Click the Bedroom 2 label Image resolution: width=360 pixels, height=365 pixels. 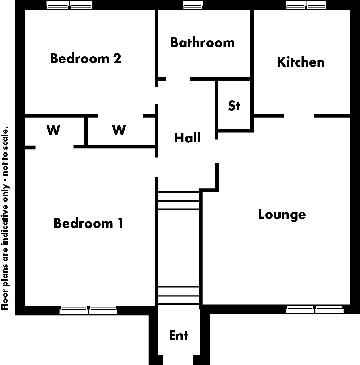tap(85, 58)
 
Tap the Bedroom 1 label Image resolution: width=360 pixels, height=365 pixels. tap(88, 223)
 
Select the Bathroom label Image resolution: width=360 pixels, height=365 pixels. tap(203, 43)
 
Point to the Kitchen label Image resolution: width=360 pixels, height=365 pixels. tap(301, 62)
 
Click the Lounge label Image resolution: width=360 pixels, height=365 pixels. tap(282, 214)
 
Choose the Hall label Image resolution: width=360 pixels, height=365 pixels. tap(188, 138)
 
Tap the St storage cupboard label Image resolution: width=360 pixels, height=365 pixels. tap(234, 106)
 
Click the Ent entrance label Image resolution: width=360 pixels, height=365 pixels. tap(179, 335)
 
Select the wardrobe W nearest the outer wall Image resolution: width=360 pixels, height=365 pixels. tap(54, 130)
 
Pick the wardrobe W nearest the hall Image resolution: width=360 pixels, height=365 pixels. tap(119, 130)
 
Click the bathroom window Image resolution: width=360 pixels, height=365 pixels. tap(193, 5)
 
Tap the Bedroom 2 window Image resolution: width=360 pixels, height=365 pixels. tap(69, 5)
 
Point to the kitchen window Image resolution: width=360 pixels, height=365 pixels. tap(306, 5)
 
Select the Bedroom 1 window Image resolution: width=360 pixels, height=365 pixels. tap(88, 310)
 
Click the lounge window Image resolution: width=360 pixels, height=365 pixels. tap(315, 310)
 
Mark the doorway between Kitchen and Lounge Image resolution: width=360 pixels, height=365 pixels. tap(299, 116)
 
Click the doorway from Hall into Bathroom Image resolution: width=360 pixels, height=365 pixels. tap(177, 79)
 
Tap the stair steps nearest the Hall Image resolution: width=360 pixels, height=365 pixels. tap(179, 200)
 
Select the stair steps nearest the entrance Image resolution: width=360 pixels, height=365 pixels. tap(179, 296)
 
